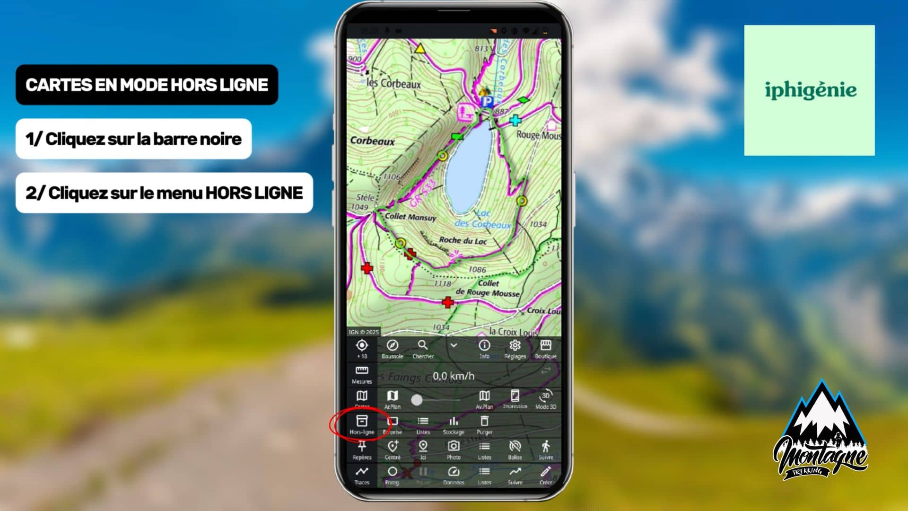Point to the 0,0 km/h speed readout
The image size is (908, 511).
pos(454,376)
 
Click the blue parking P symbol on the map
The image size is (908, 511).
pos(487,101)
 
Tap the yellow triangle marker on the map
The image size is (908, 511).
pos(419,49)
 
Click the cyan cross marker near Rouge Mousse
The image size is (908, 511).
pos(515,120)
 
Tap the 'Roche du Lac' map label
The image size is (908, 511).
pos(463,240)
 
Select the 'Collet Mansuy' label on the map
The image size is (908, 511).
pos(410,217)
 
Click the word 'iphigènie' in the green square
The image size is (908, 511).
pos(810,90)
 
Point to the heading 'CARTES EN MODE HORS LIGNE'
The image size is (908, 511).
pos(147,85)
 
